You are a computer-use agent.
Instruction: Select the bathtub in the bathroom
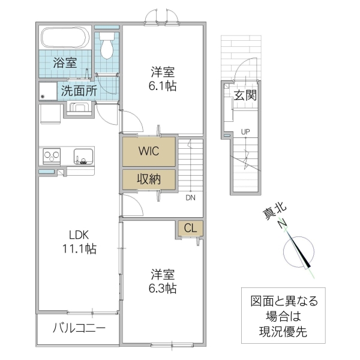pos(64,38)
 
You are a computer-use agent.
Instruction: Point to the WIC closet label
pos(149,151)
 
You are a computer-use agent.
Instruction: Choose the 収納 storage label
pos(149,178)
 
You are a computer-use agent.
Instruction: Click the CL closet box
pos(190,229)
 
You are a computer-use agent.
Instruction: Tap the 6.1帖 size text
pos(163,86)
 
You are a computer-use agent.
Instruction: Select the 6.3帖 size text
pos(163,289)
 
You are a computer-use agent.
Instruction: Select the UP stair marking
pos(245,131)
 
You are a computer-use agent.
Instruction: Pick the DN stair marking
pos(190,197)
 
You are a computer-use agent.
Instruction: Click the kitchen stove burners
pos(50,156)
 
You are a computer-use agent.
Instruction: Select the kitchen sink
pos(83,156)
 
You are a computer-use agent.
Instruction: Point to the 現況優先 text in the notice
pos(280,331)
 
